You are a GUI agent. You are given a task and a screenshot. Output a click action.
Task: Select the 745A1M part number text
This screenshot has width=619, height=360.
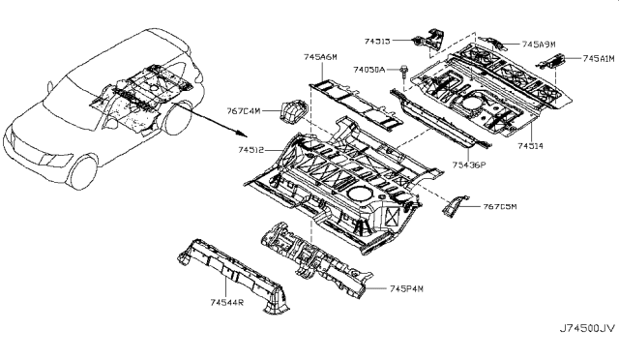[598, 59]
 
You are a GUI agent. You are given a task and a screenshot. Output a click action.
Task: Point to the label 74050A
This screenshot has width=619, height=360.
[368, 70]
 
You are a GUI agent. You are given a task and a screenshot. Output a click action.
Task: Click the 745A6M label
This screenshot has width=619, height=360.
[320, 58]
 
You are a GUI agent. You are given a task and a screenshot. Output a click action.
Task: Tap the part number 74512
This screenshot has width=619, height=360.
[251, 150]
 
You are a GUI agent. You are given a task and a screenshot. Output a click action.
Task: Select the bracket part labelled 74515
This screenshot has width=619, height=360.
[426, 40]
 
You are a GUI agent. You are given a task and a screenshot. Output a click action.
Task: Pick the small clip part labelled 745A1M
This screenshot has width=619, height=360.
[556, 61]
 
